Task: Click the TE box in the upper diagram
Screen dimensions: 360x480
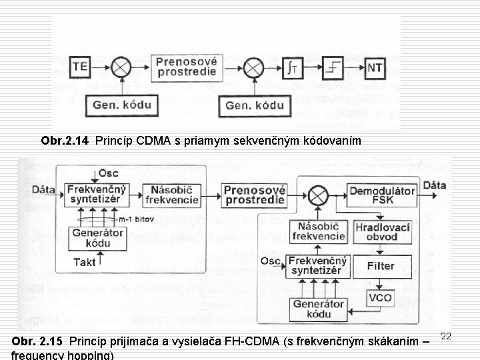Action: [81, 67]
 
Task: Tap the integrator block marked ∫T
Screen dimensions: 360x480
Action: [295, 67]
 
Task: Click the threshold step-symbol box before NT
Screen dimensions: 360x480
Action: [334, 67]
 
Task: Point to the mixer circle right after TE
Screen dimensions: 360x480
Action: [121, 67]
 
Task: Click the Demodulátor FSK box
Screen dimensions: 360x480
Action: [383, 194]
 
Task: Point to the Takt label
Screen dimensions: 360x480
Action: [85, 263]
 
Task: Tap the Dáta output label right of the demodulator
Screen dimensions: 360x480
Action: [435, 185]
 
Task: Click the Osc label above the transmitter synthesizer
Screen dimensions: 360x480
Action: [108, 173]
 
